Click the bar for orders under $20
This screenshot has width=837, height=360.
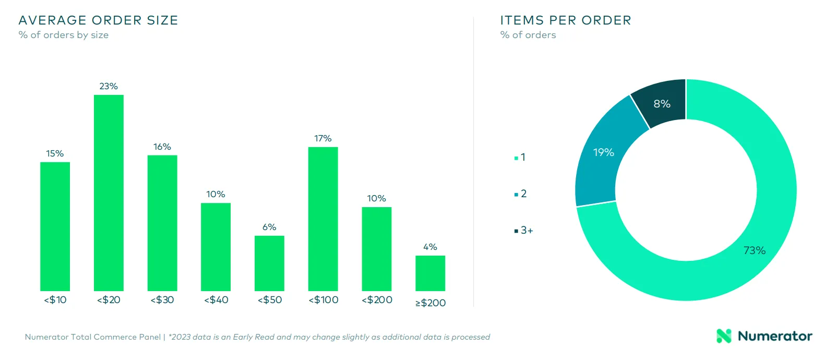click(x=109, y=193)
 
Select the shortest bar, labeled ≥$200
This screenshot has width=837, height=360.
click(x=430, y=273)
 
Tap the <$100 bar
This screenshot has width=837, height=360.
click(x=323, y=219)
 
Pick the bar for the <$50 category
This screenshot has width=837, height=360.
click(x=269, y=263)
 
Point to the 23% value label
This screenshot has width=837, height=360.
click(x=109, y=86)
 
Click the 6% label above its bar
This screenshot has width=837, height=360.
click(x=269, y=227)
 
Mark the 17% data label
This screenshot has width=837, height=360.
click(x=323, y=139)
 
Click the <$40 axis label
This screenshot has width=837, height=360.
click(x=216, y=299)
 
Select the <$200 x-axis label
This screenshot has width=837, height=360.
click(x=377, y=299)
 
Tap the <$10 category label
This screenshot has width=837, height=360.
click(x=55, y=299)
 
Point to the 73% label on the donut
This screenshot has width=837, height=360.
click(x=755, y=250)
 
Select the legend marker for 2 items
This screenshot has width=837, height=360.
click(x=516, y=194)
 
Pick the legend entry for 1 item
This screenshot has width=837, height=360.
click(x=520, y=157)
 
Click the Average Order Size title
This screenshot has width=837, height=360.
click(x=98, y=20)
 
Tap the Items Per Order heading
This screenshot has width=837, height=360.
click(x=566, y=20)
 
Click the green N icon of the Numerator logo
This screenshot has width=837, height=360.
click(x=724, y=336)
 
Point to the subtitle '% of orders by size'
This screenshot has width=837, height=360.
click(x=64, y=35)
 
